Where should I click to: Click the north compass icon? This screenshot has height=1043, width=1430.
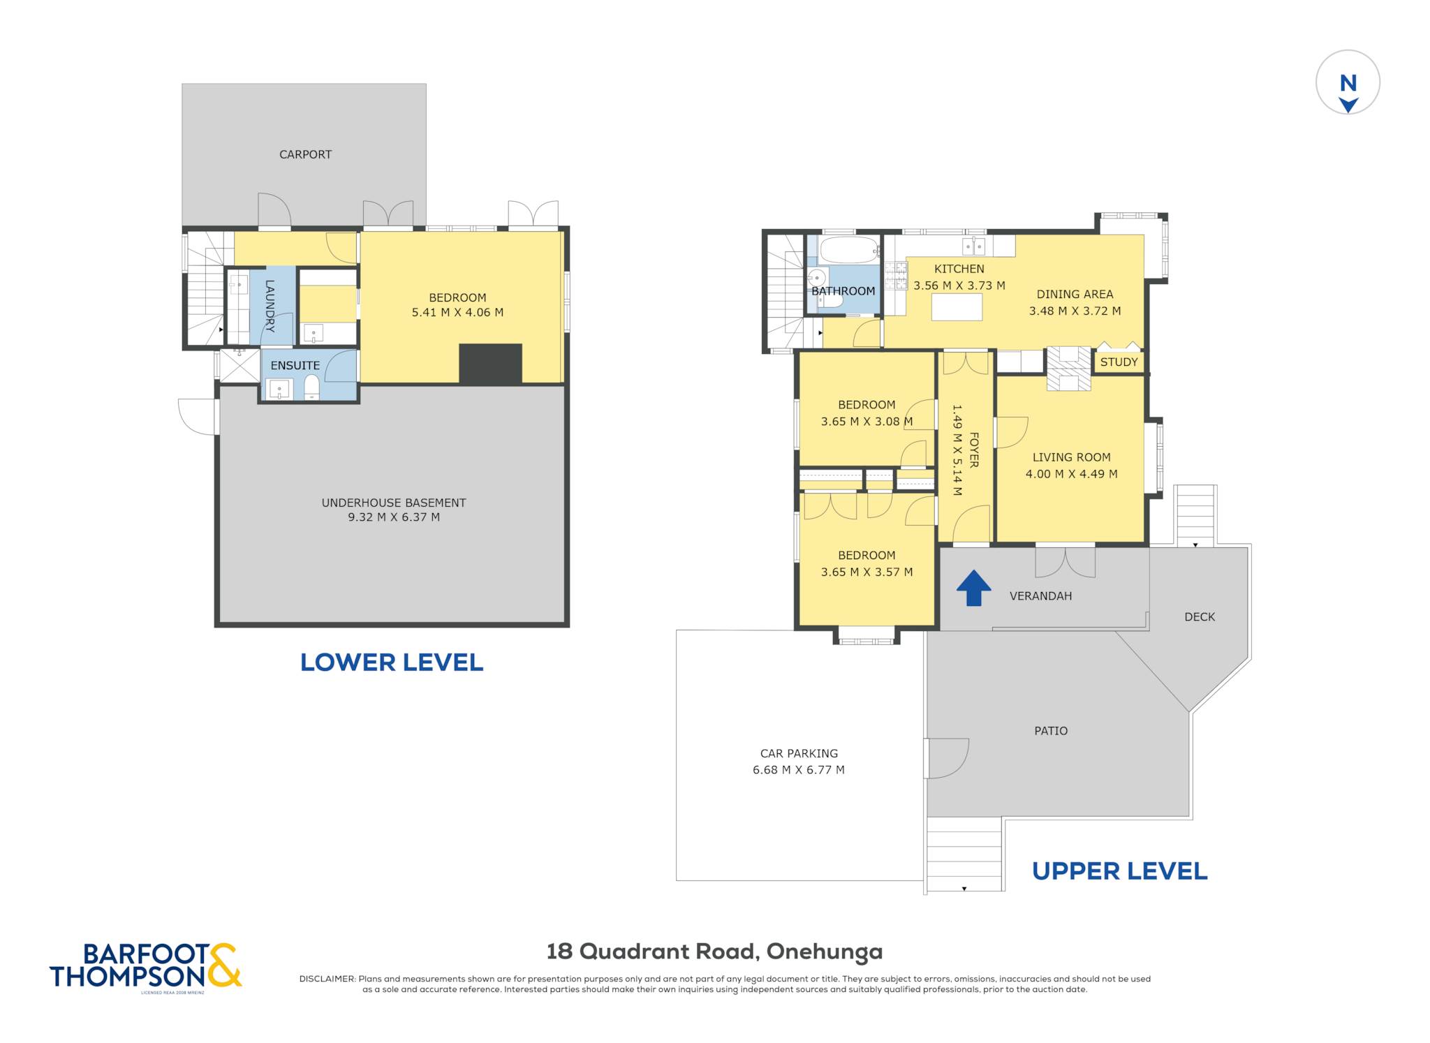1348,82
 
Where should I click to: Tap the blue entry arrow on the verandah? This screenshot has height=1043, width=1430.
973,588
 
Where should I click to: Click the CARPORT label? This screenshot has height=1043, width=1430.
305,154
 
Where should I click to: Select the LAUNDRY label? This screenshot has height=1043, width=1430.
270,306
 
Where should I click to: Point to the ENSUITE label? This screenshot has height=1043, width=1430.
295,365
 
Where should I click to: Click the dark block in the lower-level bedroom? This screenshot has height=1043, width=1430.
490,363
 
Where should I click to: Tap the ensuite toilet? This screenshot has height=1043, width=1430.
311,387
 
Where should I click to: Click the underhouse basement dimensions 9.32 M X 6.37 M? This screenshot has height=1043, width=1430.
394,517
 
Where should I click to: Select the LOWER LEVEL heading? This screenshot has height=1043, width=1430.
392,662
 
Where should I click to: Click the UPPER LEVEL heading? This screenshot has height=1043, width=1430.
1119,871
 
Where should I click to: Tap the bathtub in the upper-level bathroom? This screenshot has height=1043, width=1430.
849,249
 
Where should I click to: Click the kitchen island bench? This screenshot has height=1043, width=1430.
957,307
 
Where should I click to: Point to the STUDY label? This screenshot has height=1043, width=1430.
1119,362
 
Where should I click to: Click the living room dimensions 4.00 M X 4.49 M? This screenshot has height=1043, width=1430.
1071,474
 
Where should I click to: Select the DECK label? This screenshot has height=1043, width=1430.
1200,616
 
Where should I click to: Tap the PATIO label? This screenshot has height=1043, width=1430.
1051,731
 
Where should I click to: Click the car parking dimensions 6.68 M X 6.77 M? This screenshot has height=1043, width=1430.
799,770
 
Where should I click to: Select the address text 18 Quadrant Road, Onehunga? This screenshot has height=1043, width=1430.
714,952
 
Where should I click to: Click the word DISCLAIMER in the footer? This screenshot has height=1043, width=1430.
327,979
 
